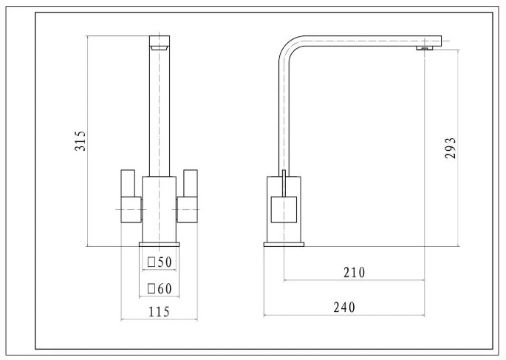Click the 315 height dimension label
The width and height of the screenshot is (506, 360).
point(80,141)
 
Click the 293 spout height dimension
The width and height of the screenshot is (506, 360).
point(450,148)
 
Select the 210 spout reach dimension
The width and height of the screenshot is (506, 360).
point(354,273)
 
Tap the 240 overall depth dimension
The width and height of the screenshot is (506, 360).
point(344,307)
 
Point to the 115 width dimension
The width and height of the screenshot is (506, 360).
point(159,312)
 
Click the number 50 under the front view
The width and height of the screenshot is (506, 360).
point(165,262)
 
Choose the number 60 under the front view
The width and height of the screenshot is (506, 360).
point(165,289)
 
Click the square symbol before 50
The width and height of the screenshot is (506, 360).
point(151,262)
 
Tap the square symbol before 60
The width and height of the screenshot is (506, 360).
point(151,288)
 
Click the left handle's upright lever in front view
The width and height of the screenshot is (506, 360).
point(128,183)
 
